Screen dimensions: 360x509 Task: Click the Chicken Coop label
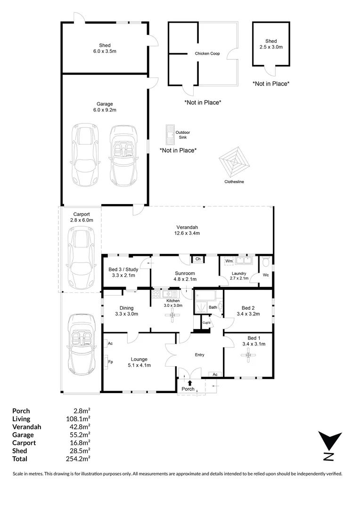click(207, 54)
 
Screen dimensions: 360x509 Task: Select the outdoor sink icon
click(170, 134)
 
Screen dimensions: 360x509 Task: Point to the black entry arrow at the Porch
click(189, 383)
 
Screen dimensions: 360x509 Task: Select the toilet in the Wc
click(266, 261)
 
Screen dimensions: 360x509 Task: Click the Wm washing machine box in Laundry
click(229, 261)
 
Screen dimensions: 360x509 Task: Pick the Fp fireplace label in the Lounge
click(110, 362)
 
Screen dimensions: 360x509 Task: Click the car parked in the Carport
click(81, 257)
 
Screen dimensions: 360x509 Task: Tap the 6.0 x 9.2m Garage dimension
click(105, 110)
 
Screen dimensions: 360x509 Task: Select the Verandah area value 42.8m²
click(78, 427)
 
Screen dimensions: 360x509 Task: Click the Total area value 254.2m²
click(78, 459)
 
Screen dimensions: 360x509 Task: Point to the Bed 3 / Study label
click(123, 270)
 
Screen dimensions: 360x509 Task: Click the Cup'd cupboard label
click(206, 323)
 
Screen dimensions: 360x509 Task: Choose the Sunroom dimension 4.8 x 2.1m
click(185, 279)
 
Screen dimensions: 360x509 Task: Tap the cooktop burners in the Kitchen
click(156, 294)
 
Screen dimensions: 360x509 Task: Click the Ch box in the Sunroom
click(198, 259)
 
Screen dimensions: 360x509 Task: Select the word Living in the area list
click(21, 419)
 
